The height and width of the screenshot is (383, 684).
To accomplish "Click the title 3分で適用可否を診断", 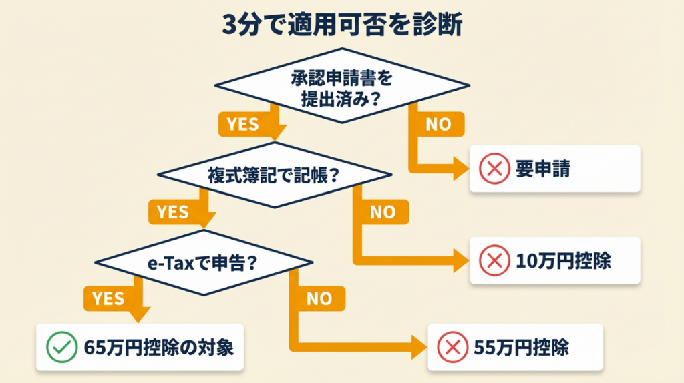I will (x=341, y=27).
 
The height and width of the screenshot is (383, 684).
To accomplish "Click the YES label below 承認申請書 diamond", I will (x=242, y=124).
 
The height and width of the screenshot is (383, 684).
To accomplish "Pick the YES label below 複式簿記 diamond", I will (x=172, y=212).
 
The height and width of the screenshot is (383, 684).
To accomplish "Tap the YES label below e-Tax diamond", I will (x=109, y=299).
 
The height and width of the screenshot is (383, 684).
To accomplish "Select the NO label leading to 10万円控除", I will (x=382, y=212).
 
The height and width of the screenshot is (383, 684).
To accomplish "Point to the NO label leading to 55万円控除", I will (x=319, y=299).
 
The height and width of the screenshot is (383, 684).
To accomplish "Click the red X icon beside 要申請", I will (x=494, y=169).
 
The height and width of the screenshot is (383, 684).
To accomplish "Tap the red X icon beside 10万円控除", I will (x=494, y=261).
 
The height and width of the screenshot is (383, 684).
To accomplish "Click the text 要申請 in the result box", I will (x=543, y=169).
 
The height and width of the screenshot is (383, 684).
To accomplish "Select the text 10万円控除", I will (x=563, y=261).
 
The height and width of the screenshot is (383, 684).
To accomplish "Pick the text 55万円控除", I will (x=520, y=347).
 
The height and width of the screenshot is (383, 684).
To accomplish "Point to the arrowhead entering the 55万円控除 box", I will (x=418, y=347).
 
